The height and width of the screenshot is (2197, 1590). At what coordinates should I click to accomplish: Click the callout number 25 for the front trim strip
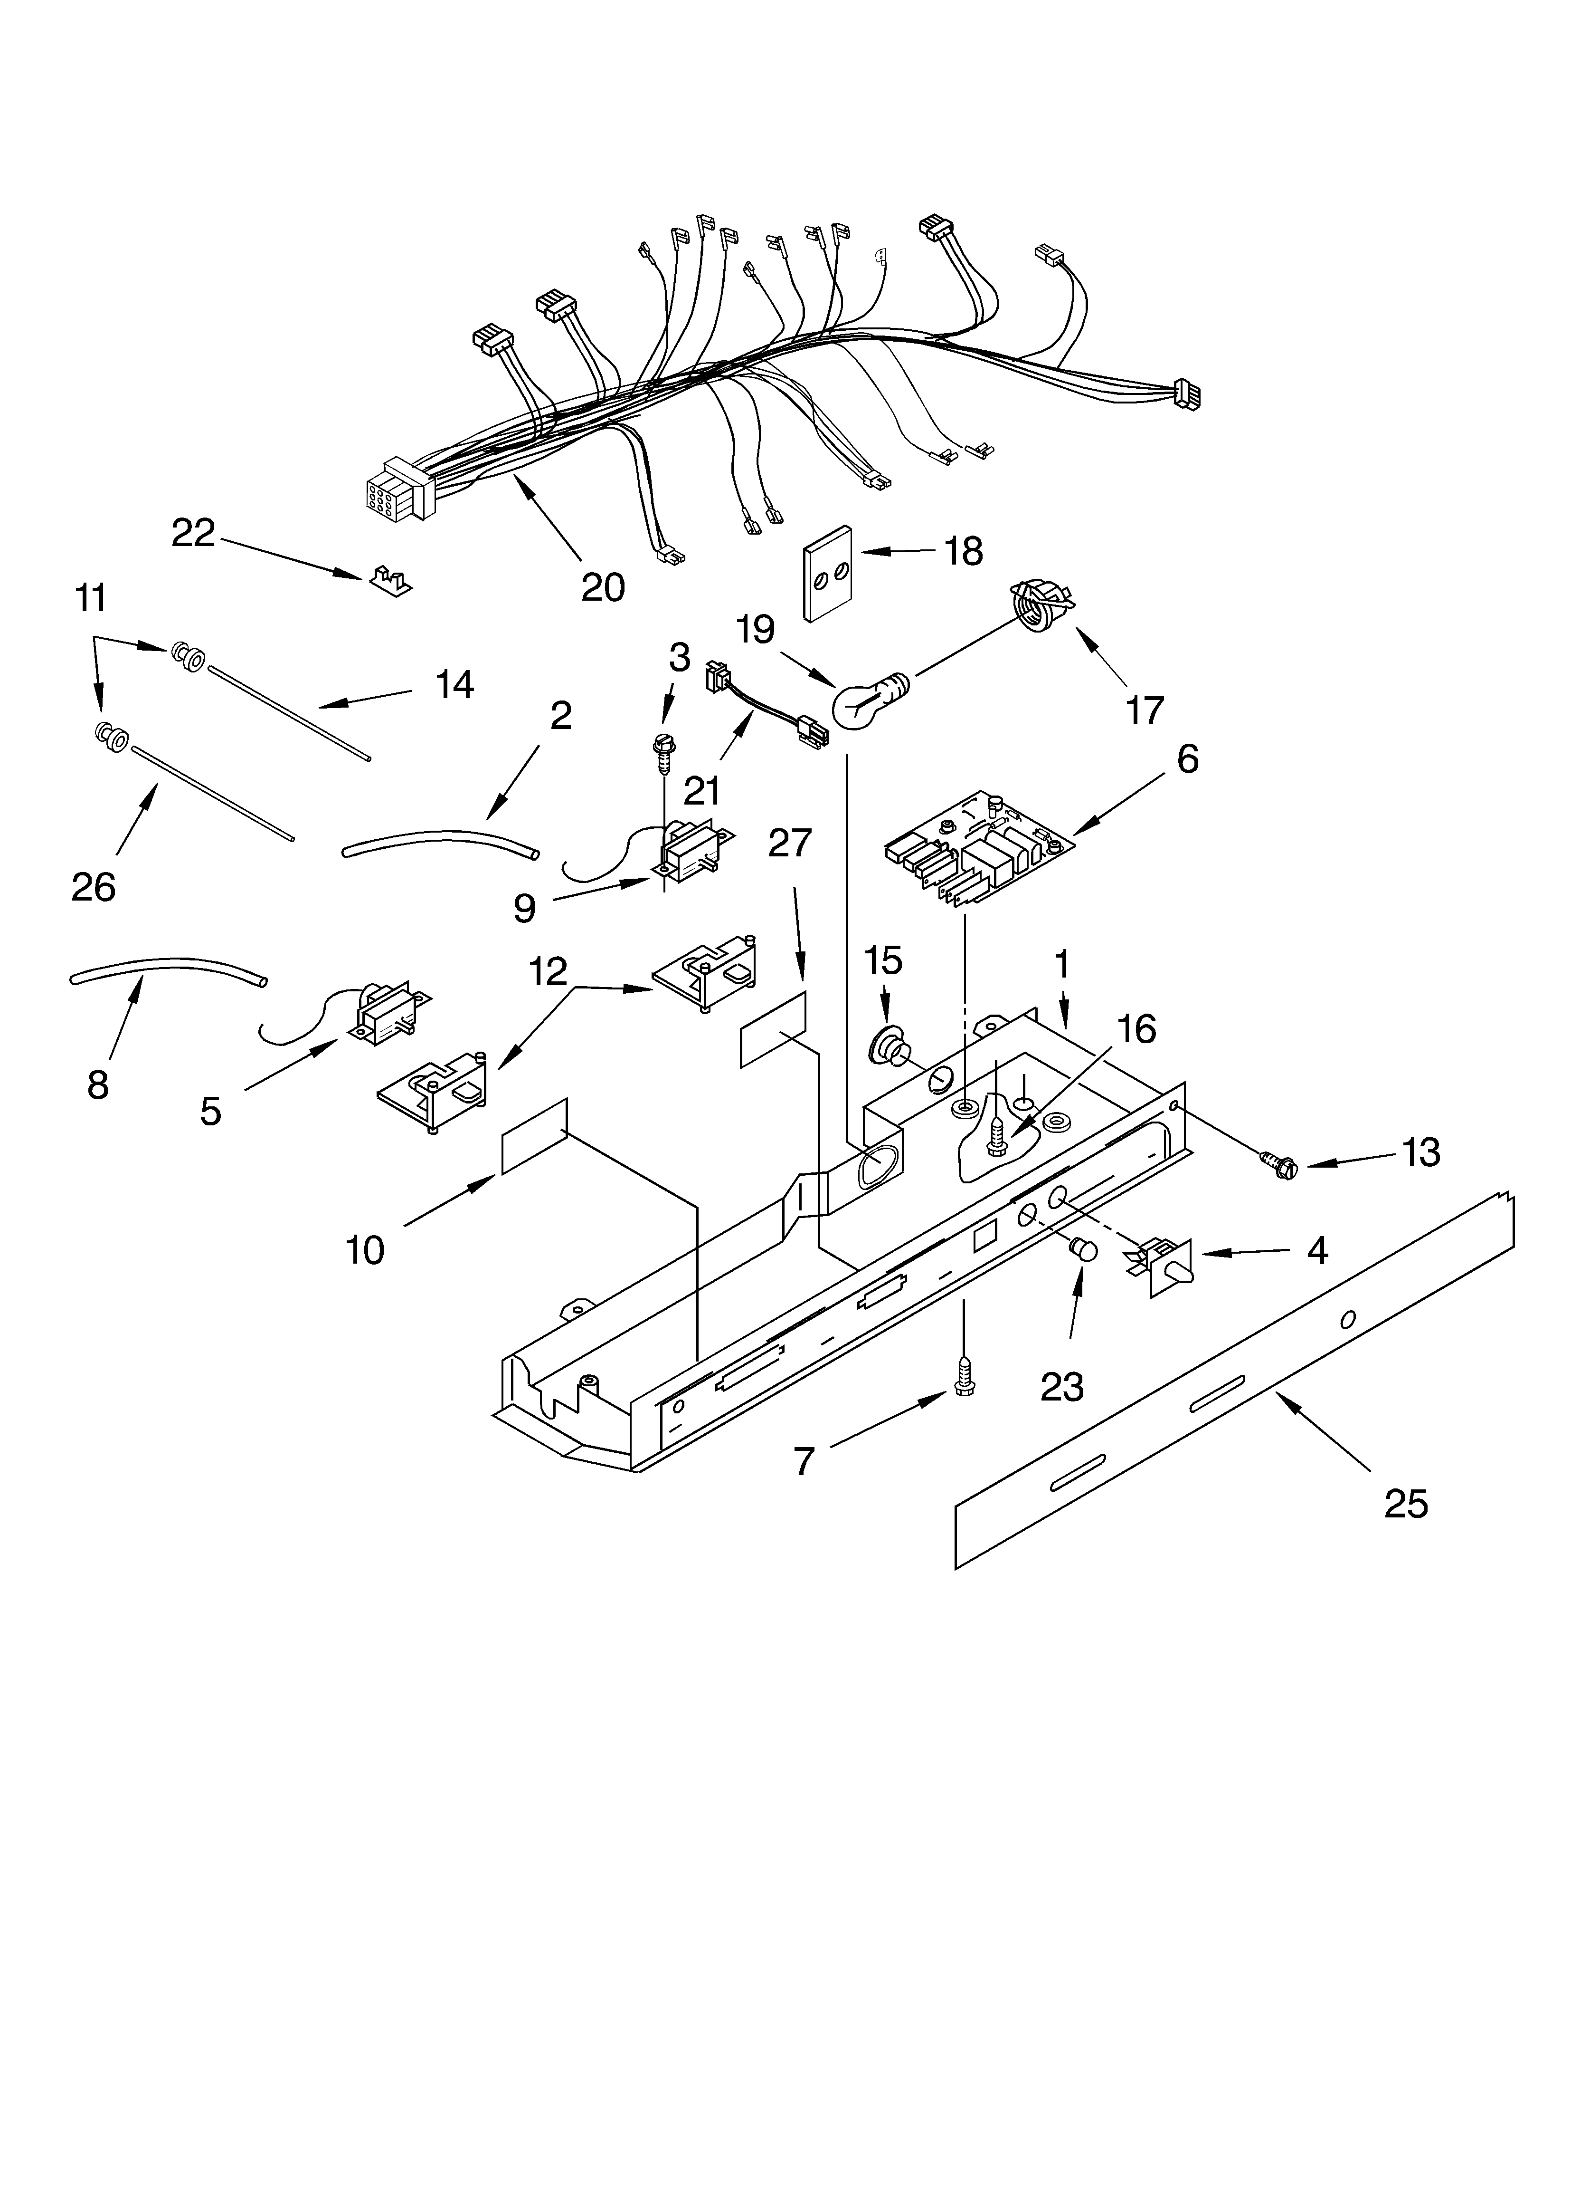click(x=1406, y=1504)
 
